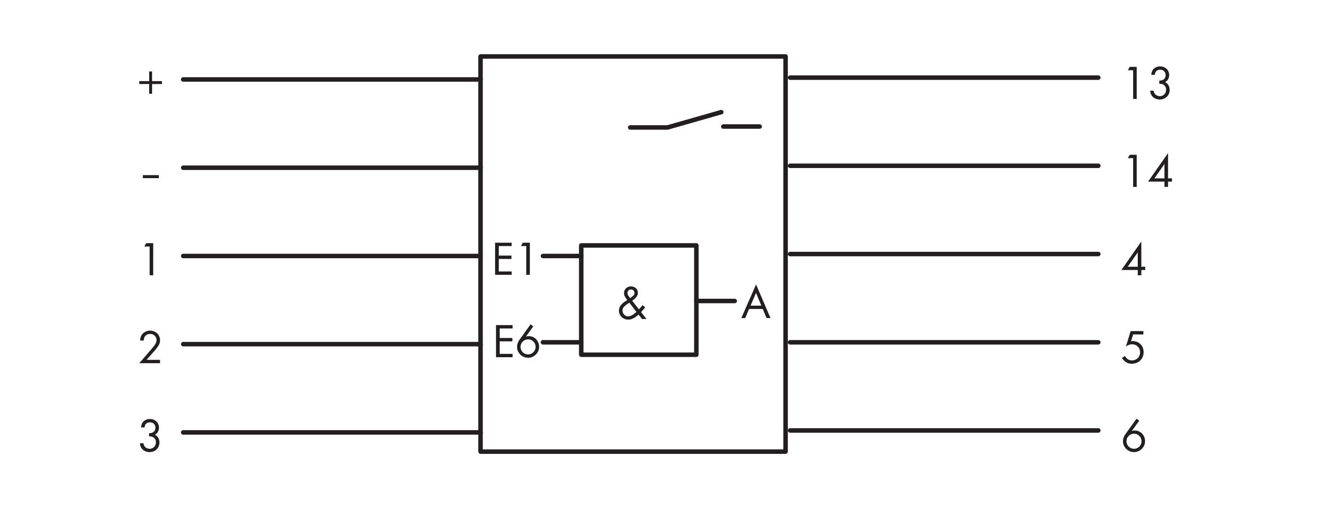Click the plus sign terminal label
point(151,82)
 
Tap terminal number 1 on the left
point(151,260)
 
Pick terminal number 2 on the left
point(150,348)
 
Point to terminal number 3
point(150,436)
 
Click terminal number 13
point(1148,83)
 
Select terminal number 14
point(1149,171)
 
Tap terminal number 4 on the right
point(1134,259)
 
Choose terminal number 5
point(1133,348)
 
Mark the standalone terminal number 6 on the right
point(1133,436)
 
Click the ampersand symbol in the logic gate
point(632,304)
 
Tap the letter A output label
point(756,304)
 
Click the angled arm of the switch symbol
point(694,119)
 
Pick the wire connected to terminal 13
point(943,78)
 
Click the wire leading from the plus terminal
point(330,79)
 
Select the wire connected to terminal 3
point(330,432)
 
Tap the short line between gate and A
point(716,301)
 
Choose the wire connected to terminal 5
point(943,342)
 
